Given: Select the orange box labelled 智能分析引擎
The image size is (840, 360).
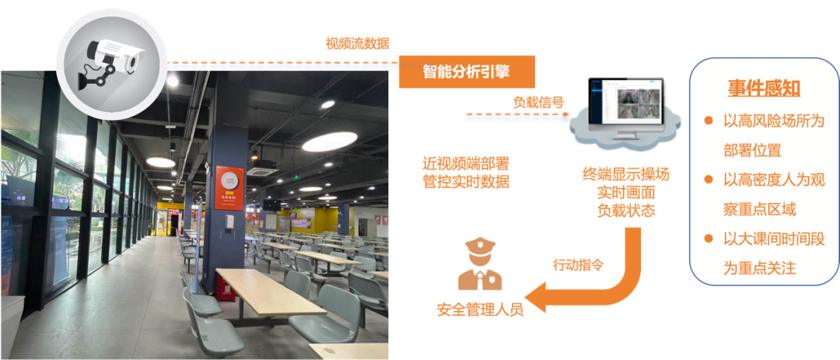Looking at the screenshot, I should (467, 72).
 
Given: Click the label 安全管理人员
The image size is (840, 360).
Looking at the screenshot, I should (480, 309).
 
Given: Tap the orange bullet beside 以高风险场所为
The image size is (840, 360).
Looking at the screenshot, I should (709, 121).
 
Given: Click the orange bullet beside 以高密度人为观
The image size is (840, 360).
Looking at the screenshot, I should (709, 180).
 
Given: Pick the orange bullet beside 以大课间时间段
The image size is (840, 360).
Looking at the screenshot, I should (709, 239).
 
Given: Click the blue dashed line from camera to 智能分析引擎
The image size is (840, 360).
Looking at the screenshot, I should (280, 62).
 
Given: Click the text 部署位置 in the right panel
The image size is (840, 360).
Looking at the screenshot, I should (752, 150).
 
